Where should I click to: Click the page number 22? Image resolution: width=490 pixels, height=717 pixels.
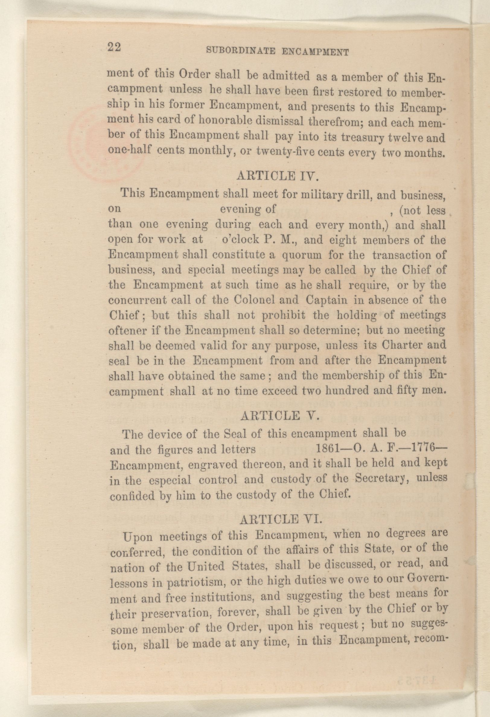[x=114, y=48]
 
